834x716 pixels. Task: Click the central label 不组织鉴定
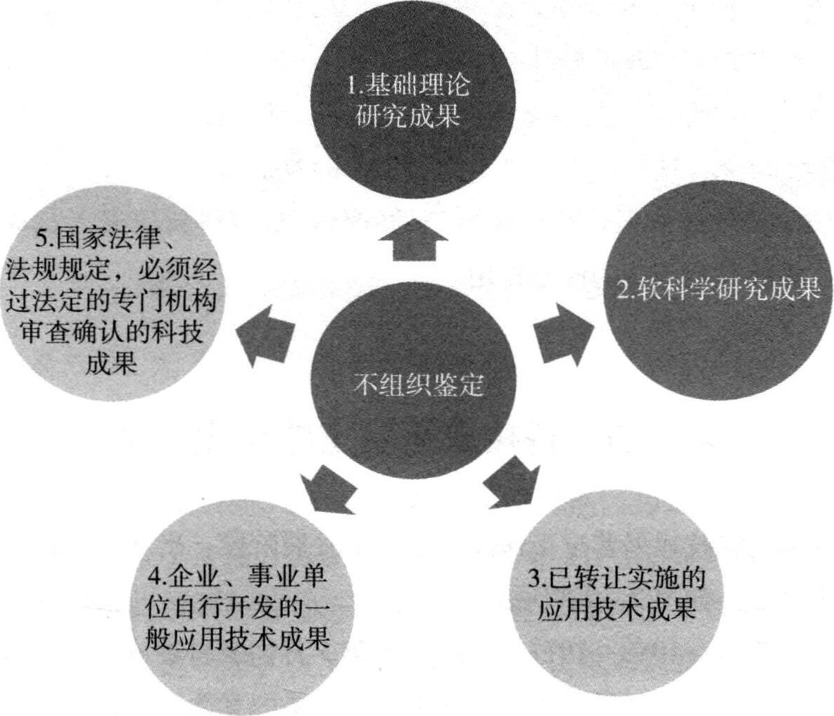(x=417, y=385)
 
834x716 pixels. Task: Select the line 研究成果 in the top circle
(x=409, y=115)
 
